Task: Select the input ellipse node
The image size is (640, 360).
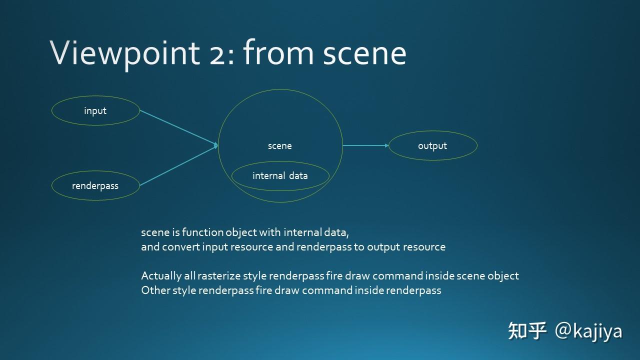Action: coord(95,110)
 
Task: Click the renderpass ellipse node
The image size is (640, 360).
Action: coord(95,185)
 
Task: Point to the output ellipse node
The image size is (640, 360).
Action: coord(432,145)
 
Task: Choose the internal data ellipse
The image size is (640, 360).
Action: coord(280,176)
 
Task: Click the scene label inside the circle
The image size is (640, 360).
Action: coord(280,146)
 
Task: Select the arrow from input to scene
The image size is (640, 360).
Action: coord(178,128)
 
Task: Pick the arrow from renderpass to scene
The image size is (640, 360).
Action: coord(178,165)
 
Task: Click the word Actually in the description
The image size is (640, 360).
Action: coord(161,276)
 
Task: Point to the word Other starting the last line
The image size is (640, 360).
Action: coord(155,290)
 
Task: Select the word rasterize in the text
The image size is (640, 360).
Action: coord(220,276)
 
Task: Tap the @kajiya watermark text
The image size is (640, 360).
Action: coord(588,331)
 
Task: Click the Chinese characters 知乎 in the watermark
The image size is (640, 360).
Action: coord(527,331)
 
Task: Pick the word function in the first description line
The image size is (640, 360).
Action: coord(202,232)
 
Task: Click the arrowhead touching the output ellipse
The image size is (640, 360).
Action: coord(386,145)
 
